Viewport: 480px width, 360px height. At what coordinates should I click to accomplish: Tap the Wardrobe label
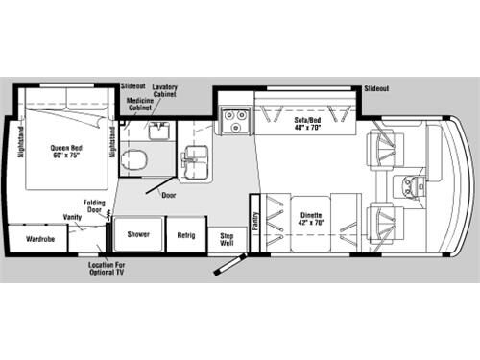coord(39,237)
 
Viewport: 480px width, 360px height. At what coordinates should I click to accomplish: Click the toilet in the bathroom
coord(136,158)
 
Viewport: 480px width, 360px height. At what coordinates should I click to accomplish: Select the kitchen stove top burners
coord(233,121)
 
